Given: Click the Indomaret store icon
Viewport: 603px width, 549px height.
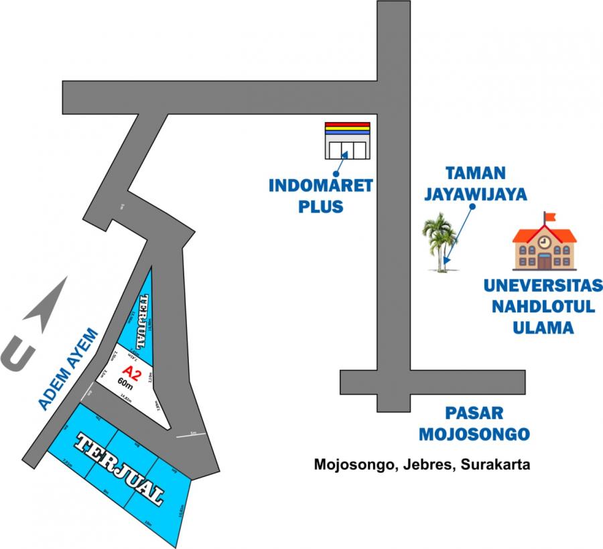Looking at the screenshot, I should click(x=347, y=140).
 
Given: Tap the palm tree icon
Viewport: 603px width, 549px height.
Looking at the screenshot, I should click(x=440, y=242).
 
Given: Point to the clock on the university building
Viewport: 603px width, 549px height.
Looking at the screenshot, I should click(x=544, y=241).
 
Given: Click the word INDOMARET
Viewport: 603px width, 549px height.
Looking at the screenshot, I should click(x=320, y=186).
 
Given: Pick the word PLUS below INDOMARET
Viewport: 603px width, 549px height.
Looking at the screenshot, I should click(x=320, y=206).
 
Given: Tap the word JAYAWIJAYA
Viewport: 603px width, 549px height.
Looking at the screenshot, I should click(x=476, y=194).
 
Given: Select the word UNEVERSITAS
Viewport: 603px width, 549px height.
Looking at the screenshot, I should click(x=543, y=286).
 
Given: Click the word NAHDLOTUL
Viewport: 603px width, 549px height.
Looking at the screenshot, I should click(x=543, y=307).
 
